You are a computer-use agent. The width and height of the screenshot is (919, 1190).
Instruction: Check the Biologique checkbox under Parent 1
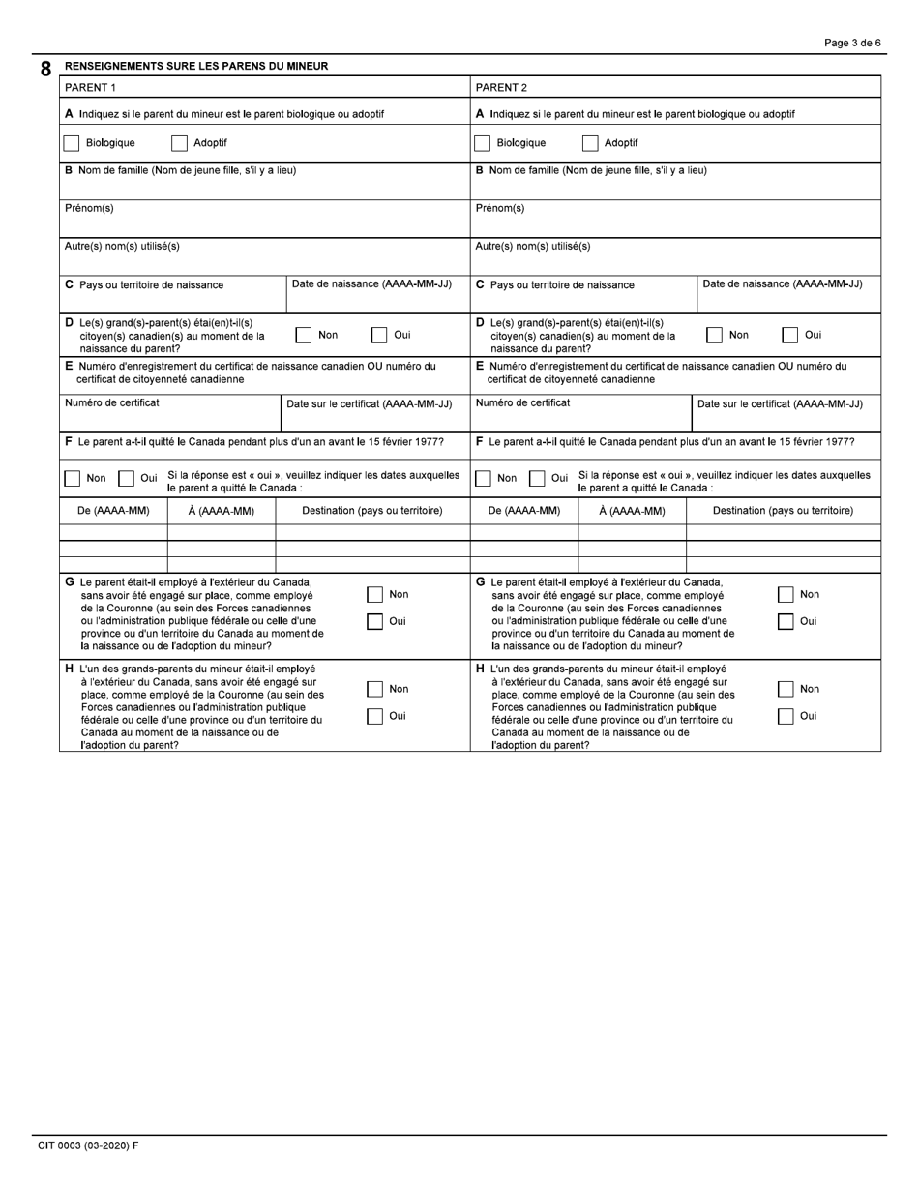tap(72, 143)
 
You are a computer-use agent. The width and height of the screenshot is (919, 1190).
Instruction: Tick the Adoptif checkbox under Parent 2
tap(590, 143)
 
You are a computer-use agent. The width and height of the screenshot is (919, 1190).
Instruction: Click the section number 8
tap(45, 70)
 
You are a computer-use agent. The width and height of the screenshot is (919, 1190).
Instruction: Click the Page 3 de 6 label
tap(851, 43)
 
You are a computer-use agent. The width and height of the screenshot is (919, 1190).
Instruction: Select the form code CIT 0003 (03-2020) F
tap(88, 1145)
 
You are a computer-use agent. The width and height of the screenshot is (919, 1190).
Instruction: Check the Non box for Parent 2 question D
tap(714, 336)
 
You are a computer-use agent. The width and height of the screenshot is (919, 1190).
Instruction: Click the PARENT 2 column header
tap(501, 88)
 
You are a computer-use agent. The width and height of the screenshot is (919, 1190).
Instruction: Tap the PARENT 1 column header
tap(90, 88)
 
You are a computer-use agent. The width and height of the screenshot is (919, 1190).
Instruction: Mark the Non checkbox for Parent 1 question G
tap(375, 595)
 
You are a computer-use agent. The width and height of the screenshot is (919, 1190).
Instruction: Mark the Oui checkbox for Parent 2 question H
tap(786, 717)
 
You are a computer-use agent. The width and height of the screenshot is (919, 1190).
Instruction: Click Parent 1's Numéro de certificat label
tap(111, 402)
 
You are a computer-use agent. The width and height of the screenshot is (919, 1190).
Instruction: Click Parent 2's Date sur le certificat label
tap(780, 404)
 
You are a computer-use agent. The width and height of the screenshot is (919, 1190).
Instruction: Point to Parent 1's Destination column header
tap(372, 511)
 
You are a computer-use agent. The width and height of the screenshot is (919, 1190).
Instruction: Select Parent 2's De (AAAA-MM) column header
tap(524, 511)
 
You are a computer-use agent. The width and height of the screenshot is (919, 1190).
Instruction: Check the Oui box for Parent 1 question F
tap(127, 478)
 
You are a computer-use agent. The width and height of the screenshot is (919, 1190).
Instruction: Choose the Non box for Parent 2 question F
tap(483, 478)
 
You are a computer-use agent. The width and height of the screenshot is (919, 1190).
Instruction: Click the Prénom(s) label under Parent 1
tap(89, 208)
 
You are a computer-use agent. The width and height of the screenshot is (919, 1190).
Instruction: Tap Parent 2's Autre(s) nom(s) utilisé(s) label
tap(532, 246)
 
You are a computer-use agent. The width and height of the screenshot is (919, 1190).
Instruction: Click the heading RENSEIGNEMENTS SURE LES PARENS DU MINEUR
tap(195, 66)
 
